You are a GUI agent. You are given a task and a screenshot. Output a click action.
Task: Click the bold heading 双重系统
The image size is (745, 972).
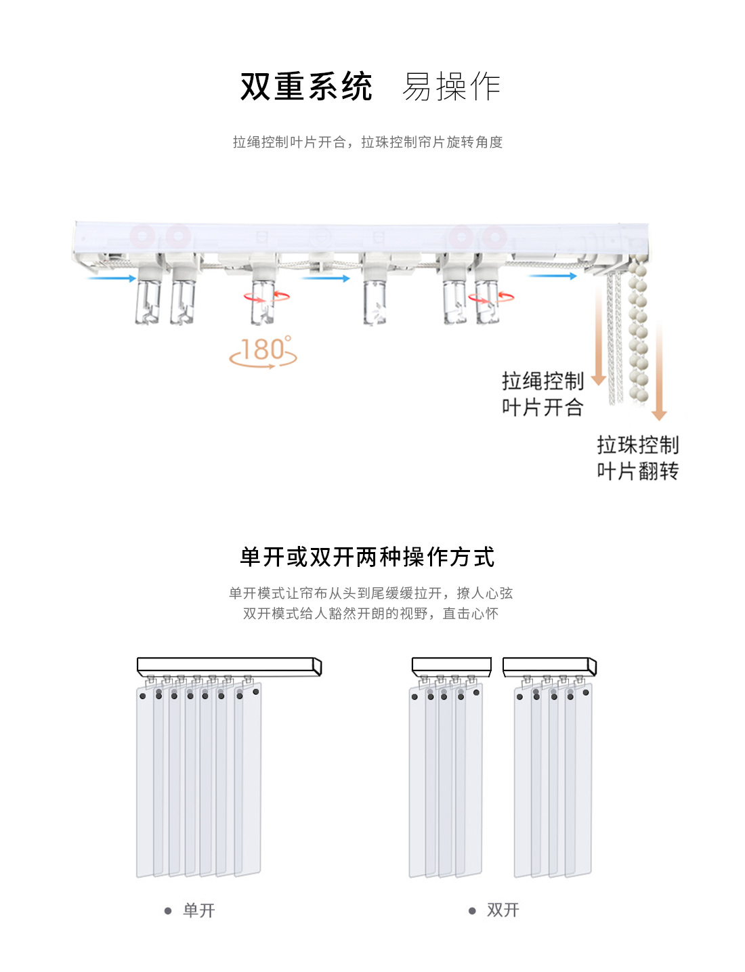pyautogui.click(x=306, y=87)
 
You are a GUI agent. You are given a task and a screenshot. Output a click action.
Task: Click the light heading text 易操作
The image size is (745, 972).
pyautogui.click(x=451, y=87)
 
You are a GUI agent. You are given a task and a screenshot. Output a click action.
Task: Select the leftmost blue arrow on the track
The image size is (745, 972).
pyautogui.click(x=112, y=278)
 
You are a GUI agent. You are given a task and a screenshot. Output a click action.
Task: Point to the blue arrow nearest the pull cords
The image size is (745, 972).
pyautogui.click(x=553, y=276)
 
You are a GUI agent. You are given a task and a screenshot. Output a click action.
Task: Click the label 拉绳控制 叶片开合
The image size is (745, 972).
pyautogui.click(x=542, y=394)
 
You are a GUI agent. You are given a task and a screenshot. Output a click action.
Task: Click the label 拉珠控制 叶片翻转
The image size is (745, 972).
pyautogui.click(x=637, y=458)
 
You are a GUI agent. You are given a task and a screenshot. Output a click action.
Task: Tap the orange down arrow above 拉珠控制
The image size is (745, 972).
pyautogui.click(x=659, y=373)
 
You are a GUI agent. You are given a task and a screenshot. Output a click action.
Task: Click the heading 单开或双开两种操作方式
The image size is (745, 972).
pyautogui.click(x=367, y=557)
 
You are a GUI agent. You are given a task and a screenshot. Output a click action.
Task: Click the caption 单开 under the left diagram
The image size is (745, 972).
pyautogui.click(x=199, y=910)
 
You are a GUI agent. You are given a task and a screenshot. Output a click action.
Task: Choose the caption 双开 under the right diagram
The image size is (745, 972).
pyautogui.click(x=503, y=910)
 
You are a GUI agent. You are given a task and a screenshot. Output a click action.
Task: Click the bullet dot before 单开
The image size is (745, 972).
pyautogui.click(x=168, y=911)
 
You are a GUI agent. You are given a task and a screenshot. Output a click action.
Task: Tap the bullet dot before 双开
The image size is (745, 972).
pyautogui.click(x=472, y=910)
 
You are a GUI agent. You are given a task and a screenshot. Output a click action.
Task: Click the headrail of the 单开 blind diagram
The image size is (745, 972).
pyautogui.click(x=228, y=666)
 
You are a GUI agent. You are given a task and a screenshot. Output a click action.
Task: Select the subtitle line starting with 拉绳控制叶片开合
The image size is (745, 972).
pyautogui.click(x=367, y=142)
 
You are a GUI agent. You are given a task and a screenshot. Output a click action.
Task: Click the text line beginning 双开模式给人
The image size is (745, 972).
pyautogui.click(x=370, y=614)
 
